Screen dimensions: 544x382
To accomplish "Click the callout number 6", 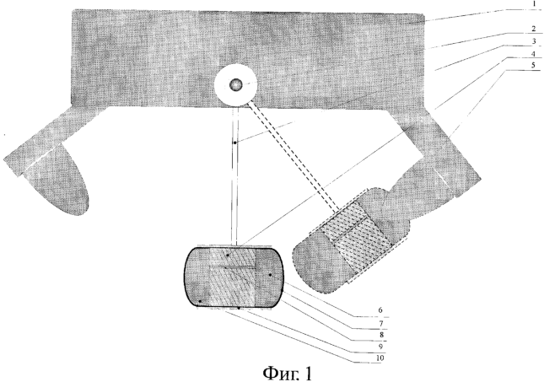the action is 380,310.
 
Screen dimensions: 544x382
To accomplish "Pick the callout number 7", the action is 381,323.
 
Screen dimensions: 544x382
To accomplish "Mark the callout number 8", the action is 381,335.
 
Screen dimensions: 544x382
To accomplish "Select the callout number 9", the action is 380,347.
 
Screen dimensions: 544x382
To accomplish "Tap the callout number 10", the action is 380,358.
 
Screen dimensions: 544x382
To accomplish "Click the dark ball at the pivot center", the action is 236,84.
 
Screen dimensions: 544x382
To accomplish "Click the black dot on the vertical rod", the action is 234,143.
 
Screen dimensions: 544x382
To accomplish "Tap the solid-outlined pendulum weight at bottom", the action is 234,277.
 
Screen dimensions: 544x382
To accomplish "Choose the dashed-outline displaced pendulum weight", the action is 350,241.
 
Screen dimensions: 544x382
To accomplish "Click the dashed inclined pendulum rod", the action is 294,156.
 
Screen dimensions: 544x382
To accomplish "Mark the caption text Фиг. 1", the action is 288,373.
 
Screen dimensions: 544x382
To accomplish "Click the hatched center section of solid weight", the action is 233,277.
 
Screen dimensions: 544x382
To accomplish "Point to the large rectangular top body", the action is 248,58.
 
